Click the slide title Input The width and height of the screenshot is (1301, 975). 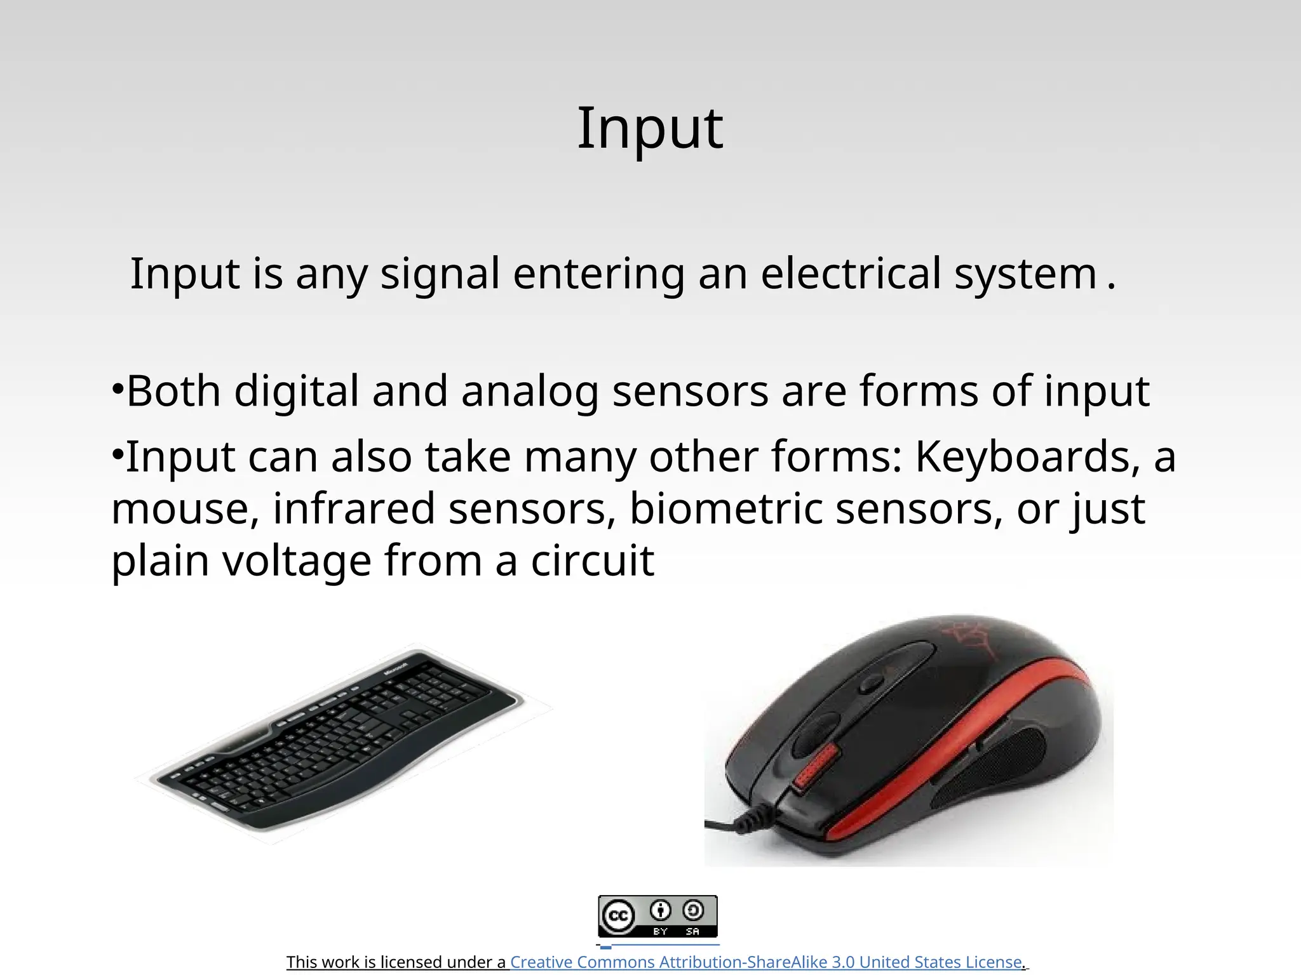pos(649,128)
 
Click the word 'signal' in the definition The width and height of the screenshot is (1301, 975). pos(440,274)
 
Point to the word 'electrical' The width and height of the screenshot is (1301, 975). pos(850,274)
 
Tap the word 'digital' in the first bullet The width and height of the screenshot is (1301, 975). pos(297,391)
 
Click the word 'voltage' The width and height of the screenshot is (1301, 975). pos(297,562)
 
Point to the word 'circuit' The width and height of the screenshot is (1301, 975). pos(592,562)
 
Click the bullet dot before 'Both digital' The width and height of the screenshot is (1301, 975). pos(117,388)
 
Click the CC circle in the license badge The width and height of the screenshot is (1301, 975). pos(618,916)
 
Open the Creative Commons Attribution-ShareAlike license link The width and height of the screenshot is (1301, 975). pos(765,962)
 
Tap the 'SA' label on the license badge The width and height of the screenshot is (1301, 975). pos(692,931)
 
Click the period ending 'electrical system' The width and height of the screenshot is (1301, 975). pos(1110,287)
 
